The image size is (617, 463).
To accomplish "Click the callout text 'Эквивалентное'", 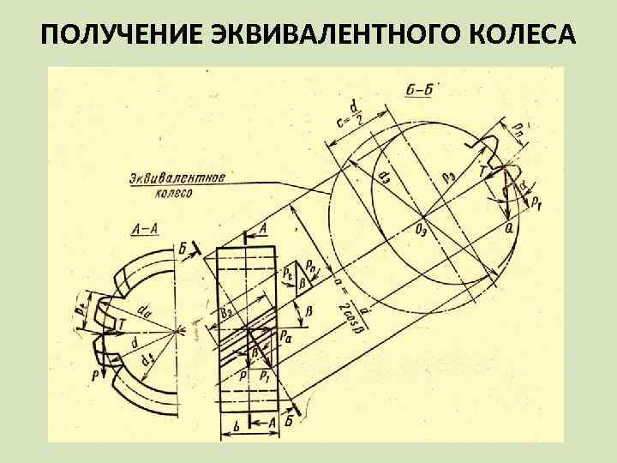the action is (177, 178).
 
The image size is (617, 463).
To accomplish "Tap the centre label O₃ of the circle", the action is (422, 230).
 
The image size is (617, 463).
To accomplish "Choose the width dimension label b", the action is (235, 424).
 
